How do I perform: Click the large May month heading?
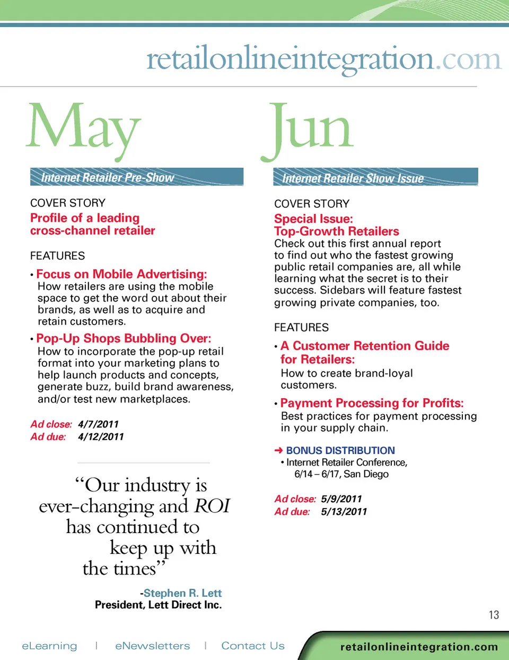pos(84,127)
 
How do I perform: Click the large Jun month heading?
pos(308,127)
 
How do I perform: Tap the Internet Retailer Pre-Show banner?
pos(136,177)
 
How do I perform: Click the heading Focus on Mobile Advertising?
pos(121,274)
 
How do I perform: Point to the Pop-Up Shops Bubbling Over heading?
pos(124,338)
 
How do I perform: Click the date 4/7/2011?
pos(98,424)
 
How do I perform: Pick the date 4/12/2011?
pos(101,437)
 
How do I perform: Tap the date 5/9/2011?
pos(341,499)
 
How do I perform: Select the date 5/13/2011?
pos(344,512)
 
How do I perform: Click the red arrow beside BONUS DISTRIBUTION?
pos(278,450)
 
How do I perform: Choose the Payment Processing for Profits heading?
pos(372,403)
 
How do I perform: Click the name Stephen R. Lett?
pos(182,593)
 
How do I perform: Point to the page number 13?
pos(494,615)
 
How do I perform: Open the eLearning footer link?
pos(49,646)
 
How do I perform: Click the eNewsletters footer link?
pos(152,646)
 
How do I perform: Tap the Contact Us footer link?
pos(253,646)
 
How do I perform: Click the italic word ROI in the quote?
pos(212,506)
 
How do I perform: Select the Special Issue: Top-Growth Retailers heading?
pos(336,225)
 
